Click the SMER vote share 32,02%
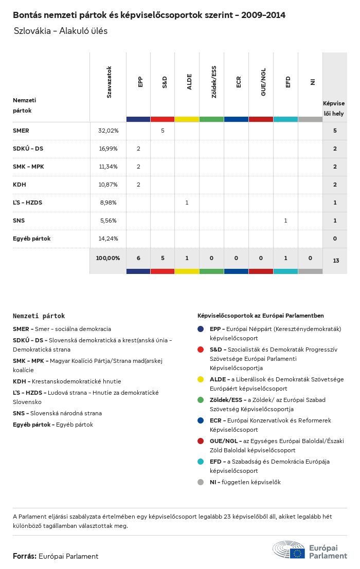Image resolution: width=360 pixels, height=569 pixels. pyautogui.click(x=108, y=131)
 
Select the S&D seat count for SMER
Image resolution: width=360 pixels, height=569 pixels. pyautogui.click(x=163, y=131)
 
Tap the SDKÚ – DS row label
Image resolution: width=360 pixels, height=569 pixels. pyautogui.click(x=28, y=149)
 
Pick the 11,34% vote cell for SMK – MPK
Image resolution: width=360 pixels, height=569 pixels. pyautogui.click(x=108, y=167)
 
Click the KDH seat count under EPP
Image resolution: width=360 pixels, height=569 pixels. pyautogui.click(x=138, y=185)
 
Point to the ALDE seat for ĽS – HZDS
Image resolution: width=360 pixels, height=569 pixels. pyautogui.click(x=187, y=203)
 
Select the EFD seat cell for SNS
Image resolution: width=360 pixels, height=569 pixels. pyautogui.click(x=285, y=221)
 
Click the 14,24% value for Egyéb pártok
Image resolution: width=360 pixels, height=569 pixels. pyautogui.click(x=108, y=238)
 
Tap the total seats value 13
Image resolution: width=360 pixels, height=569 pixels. pyautogui.click(x=335, y=261)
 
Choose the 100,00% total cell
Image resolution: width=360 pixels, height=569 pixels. pyautogui.click(x=108, y=258)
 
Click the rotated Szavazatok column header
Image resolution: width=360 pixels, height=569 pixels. pyautogui.click(x=109, y=82)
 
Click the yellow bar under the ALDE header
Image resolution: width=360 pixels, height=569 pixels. pyautogui.click(x=187, y=119)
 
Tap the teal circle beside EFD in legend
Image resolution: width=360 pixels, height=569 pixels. pyautogui.click(x=201, y=462)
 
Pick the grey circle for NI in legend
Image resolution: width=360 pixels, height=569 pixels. pyautogui.click(x=201, y=482)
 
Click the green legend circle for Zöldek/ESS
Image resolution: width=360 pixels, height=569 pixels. pyautogui.click(x=201, y=400)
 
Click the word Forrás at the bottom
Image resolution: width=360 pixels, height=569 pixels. pyautogui.click(x=24, y=556)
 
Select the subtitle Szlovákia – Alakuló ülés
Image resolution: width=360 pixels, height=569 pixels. pyautogui.click(x=61, y=31)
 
